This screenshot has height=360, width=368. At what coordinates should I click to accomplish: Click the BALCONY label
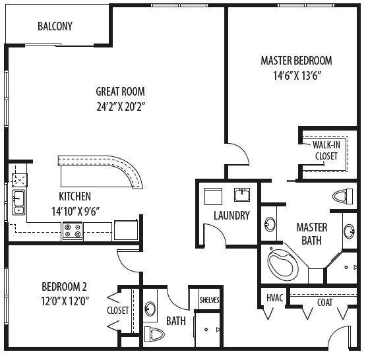(55, 27)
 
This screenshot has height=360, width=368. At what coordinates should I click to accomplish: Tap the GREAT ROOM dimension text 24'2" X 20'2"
(120, 105)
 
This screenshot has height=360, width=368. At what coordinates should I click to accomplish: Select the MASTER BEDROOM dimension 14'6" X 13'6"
(296, 75)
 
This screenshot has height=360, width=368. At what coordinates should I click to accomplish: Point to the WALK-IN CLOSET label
(325, 150)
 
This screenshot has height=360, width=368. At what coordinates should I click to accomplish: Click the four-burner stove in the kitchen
(73, 231)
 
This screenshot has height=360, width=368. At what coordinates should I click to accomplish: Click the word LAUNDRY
(231, 216)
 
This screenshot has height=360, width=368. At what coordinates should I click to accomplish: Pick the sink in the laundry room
(242, 195)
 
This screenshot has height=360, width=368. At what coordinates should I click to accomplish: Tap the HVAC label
(274, 299)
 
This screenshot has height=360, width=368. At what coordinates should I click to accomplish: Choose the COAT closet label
(325, 303)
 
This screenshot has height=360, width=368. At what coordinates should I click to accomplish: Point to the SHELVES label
(209, 300)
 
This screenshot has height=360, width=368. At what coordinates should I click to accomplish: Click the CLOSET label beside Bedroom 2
(118, 310)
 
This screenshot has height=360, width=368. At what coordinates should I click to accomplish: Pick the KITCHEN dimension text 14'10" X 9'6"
(75, 211)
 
